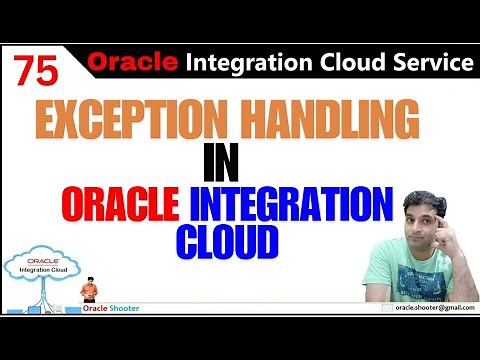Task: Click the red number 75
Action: coord(36,69)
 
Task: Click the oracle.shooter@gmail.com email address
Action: coord(427,309)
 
